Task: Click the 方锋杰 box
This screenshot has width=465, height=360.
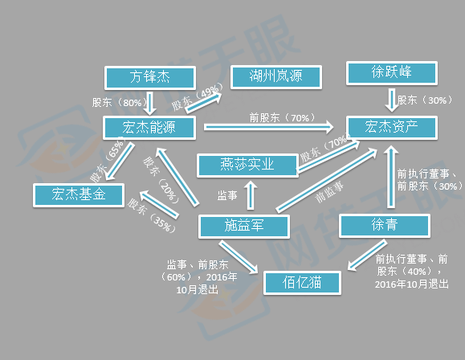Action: (x=149, y=77)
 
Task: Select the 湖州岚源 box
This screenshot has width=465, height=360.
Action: (x=276, y=77)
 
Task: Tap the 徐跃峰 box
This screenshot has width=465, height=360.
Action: (x=392, y=72)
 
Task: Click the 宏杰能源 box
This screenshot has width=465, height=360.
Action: (x=149, y=128)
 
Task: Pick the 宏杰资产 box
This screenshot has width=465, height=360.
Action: (x=392, y=127)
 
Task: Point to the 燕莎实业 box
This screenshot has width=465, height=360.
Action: (x=247, y=166)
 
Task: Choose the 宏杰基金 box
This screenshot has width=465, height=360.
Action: (x=79, y=195)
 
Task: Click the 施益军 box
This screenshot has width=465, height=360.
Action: (x=244, y=226)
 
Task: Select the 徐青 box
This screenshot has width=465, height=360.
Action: (x=385, y=226)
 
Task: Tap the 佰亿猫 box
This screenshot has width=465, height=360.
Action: (x=302, y=283)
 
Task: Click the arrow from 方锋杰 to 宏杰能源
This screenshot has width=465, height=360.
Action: (x=149, y=104)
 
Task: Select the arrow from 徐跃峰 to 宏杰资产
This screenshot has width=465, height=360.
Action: (x=391, y=100)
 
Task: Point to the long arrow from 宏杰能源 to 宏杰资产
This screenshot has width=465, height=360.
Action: (x=269, y=127)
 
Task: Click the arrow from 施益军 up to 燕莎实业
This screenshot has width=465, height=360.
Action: (x=251, y=194)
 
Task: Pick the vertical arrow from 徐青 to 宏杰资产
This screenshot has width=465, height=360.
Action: (x=391, y=177)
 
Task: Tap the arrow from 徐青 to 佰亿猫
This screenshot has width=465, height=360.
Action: (x=367, y=256)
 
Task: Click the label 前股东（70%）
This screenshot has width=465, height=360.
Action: (x=282, y=118)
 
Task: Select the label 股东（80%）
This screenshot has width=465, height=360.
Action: (x=120, y=102)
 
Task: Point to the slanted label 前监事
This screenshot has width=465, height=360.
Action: (x=329, y=192)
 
